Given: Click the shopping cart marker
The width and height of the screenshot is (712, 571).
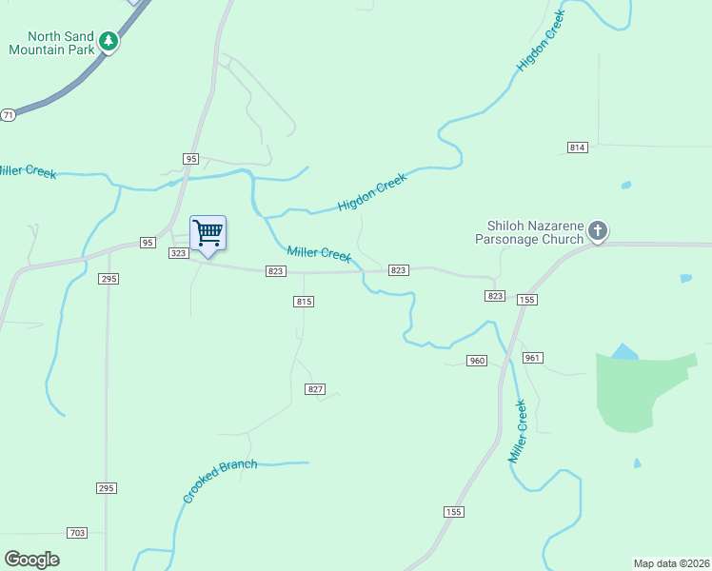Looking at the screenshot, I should pyautogui.click(x=208, y=233).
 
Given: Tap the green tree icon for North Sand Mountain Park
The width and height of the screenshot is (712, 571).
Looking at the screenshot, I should pyautogui.click(x=109, y=42).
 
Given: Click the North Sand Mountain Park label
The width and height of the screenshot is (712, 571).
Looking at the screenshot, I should pyautogui.click(x=51, y=43).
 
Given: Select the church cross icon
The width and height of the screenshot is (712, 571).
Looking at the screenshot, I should pyautogui.click(x=597, y=230).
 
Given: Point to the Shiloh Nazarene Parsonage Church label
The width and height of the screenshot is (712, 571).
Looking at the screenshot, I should pyautogui.click(x=534, y=232).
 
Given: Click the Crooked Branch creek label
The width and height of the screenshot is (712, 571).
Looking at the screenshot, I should pyautogui.click(x=220, y=482).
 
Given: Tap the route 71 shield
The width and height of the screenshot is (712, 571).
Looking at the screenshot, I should pyautogui.click(x=8, y=114).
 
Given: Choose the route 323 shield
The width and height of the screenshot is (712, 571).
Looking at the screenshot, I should pyautogui.click(x=178, y=253).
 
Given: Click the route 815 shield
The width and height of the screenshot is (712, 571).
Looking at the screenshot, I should pyautogui.click(x=303, y=302).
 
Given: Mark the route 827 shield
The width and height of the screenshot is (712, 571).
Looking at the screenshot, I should pyautogui.click(x=316, y=389).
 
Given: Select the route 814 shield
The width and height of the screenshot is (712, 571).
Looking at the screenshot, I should pyautogui.click(x=578, y=148).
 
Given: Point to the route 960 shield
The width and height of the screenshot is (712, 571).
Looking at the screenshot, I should pyautogui.click(x=477, y=361).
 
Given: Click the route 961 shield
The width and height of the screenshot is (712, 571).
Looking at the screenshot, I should pyautogui.click(x=532, y=358).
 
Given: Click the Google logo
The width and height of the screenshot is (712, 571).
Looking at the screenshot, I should pyautogui.click(x=31, y=560).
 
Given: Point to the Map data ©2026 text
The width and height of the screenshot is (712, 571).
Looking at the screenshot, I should pyautogui.click(x=671, y=563).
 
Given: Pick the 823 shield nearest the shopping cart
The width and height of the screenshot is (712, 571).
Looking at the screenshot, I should pyautogui.click(x=275, y=271).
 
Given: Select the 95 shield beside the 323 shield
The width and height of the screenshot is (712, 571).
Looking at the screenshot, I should pyautogui.click(x=148, y=243).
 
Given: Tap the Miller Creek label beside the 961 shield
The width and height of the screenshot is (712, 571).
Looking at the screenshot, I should pyautogui.click(x=518, y=432).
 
